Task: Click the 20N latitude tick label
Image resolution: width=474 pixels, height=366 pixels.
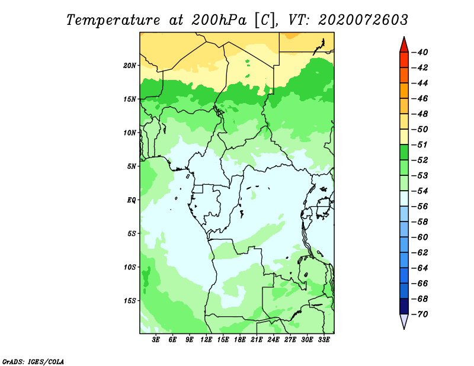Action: click(x=129, y=66)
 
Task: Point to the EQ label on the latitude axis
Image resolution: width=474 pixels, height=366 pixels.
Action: click(x=131, y=200)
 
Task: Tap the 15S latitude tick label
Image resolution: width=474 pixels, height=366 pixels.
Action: click(x=129, y=301)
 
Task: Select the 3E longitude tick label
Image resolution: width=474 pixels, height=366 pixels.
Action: click(x=156, y=340)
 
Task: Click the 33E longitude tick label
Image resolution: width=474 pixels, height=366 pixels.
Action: click(x=324, y=340)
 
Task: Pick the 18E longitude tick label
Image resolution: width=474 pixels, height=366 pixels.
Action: click(x=240, y=340)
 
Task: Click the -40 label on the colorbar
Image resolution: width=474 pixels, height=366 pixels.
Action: click(x=420, y=52)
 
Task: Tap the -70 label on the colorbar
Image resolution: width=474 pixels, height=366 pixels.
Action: click(x=420, y=314)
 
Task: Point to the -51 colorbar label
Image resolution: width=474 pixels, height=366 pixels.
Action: click(x=420, y=145)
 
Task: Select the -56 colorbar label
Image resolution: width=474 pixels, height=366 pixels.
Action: click(x=420, y=207)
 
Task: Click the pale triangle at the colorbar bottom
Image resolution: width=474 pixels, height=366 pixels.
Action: click(x=404, y=322)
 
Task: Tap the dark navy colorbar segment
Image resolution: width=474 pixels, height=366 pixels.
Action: click(x=404, y=306)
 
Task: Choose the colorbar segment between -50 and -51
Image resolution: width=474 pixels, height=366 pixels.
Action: click(x=404, y=137)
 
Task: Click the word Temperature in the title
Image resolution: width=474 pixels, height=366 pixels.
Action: click(x=113, y=20)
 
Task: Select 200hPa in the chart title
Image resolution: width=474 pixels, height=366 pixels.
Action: click(x=219, y=20)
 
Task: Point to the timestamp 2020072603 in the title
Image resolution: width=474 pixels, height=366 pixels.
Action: click(x=363, y=20)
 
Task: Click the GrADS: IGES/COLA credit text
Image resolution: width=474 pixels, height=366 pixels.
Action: click(x=33, y=361)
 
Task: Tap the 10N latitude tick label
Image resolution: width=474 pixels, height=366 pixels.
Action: click(x=129, y=133)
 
